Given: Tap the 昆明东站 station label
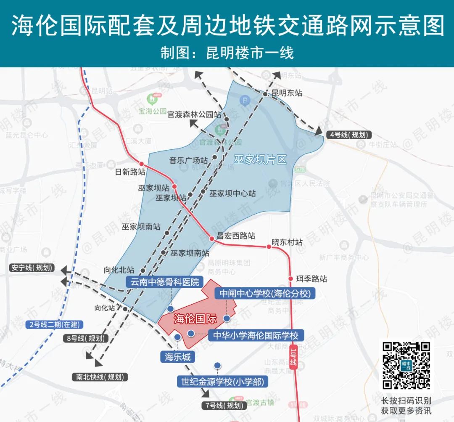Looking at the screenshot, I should [287, 93].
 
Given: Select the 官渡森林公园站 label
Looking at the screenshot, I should [194, 114].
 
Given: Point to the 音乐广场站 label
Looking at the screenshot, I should [189, 160].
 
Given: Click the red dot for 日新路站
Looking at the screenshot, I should [142, 164].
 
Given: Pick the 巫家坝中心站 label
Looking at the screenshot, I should [232, 194].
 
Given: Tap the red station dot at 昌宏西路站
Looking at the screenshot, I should [212, 239].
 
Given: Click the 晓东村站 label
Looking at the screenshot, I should [287, 242].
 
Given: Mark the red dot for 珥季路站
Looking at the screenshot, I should [290, 279].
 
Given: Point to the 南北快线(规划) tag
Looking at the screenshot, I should [99, 377].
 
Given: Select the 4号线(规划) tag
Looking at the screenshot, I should [349, 135].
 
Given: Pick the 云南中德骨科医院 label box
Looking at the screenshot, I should [165, 282].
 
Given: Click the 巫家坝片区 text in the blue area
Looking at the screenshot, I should [260, 159].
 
